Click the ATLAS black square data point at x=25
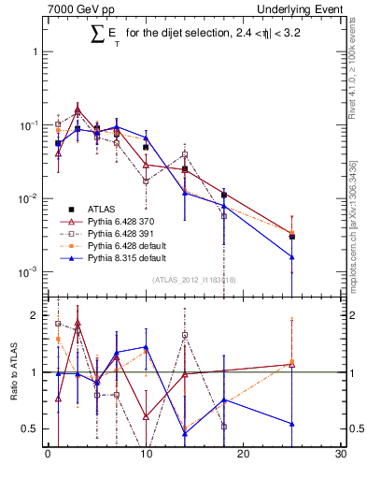(292, 237)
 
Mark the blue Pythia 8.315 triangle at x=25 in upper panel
(292, 256)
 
